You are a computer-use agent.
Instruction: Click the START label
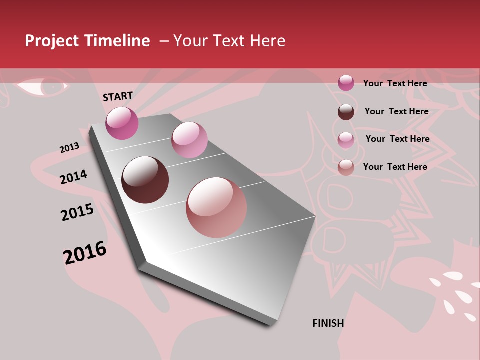[x=118, y=96]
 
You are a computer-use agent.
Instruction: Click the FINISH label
[x=328, y=323]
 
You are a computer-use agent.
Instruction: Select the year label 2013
[x=69, y=148]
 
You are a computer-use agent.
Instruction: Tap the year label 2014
[x=73, y=177]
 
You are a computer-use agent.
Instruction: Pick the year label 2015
[x=77, y=212]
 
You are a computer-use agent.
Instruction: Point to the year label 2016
[x=85, y=252]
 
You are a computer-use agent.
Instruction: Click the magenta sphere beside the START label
[x=122, y=123]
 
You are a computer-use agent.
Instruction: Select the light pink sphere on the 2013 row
[x=189, y=140]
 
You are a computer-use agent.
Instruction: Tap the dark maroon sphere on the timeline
[x=145, y=180]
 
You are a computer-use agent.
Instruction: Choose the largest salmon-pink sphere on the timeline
[x=216, y=207]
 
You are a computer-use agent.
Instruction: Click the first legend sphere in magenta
[x=346, y=83]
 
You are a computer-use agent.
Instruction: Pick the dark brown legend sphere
[x=346, y=112]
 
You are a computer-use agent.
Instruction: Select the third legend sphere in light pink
[x=346, y=139]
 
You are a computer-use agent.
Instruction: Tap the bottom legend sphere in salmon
[x=346, y=167]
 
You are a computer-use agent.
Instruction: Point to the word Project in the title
[x=52, y=41]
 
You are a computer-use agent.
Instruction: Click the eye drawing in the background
[x=42, y=87]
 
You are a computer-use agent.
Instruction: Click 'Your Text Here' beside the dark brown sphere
[x=396, y=111]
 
